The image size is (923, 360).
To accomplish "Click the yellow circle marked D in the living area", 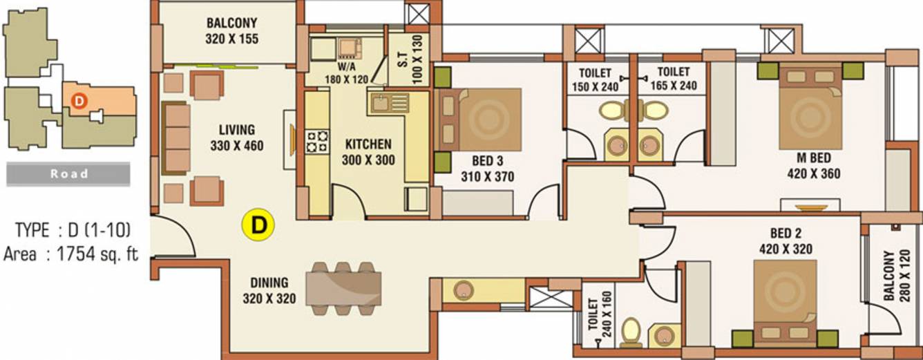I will click(x=258, y=225).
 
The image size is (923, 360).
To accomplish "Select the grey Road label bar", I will click(x=68, y=174).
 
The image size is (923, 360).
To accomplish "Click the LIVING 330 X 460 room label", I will click(x=237, y=138).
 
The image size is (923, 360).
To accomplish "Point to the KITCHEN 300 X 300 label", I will click(x=368, y=152).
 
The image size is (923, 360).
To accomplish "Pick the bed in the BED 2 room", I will click(x=785, y=302).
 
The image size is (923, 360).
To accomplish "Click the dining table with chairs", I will click(x=344, y=288).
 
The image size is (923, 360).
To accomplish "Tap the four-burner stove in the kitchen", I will click(x=317, y=141).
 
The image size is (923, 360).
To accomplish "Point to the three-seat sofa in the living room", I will click(x=175, y=138).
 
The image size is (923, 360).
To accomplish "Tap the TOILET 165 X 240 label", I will click(x=673, y=79).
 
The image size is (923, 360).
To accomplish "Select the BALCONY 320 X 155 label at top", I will click(x=231, y=32).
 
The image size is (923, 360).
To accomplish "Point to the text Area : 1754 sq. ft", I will click(x=70, y=254).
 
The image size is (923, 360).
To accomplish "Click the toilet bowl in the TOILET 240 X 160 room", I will click(x=631, y=332).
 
